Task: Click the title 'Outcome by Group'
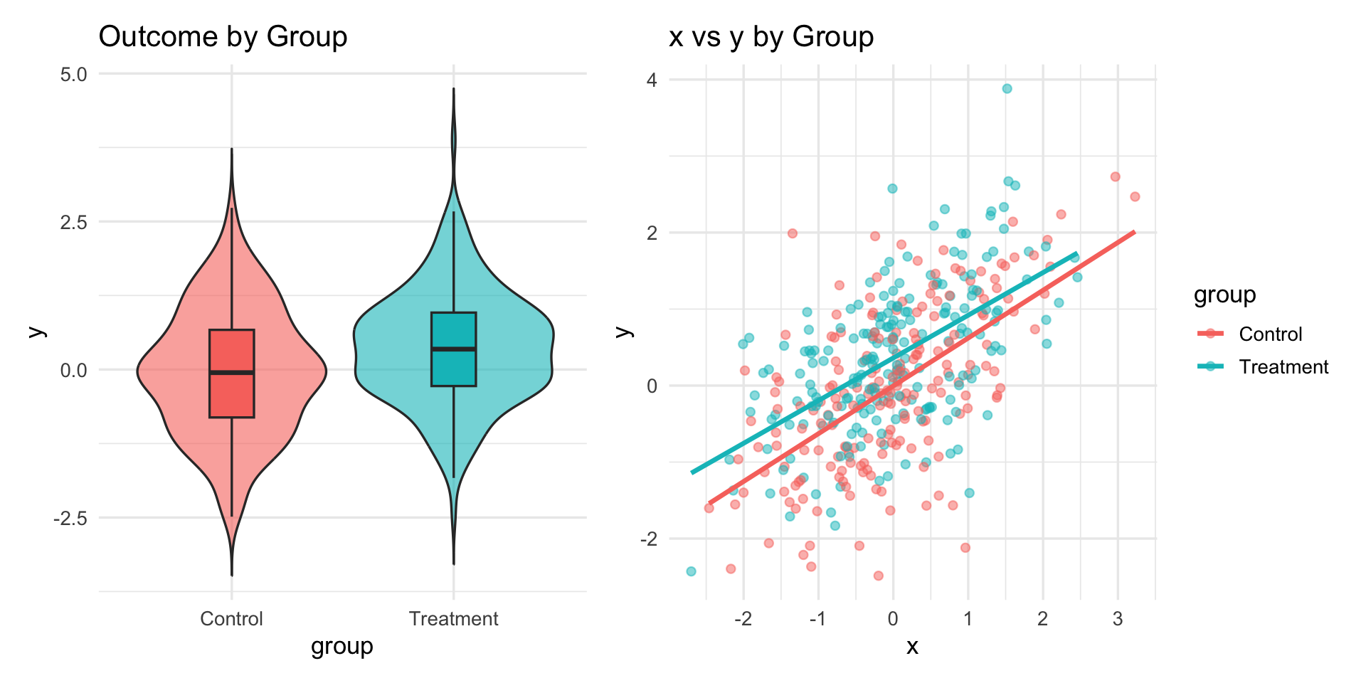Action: coord(223,37)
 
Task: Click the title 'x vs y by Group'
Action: coord(771,37)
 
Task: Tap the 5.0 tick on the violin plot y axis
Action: coord(73,74)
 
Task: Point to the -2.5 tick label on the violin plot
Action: coord(70,518)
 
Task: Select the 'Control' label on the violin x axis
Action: coord(231,619)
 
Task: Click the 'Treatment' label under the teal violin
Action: coord(453,619)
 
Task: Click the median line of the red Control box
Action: coord(232,372)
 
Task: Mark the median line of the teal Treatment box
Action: coord(453,349)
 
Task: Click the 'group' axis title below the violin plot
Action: coord(341,647)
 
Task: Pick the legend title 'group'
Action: coord(1224,295)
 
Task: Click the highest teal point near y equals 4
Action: coord(1007,89)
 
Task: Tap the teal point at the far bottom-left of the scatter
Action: coord(691,571)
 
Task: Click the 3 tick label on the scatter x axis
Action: coord(1118,619)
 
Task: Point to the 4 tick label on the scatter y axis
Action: coord(652,80)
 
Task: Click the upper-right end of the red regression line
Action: coord(1133,232)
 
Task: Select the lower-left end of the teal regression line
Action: coord(692,472)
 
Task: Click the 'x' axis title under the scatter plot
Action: coord(912,647)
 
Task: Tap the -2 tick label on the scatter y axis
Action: coord(648,539)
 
